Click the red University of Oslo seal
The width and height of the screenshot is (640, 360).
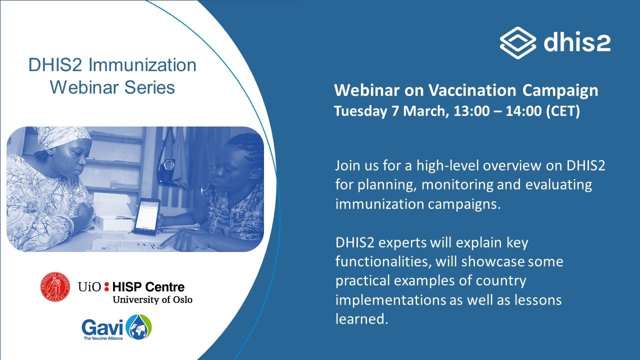(55, 287)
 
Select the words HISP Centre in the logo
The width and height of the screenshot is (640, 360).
(148, 287)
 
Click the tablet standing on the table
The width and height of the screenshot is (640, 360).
(146, 216)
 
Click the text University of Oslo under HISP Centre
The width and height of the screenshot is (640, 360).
(152, 299)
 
